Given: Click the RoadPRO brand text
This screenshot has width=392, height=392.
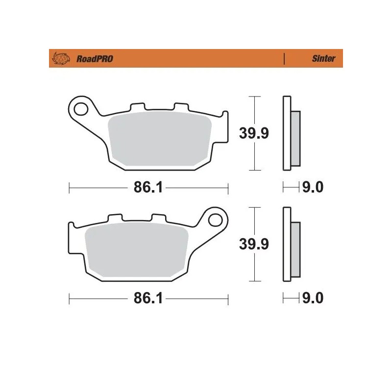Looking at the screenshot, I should pyautogui.click(x=95, y=59).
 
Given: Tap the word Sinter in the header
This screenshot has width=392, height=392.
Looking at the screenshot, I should pyautogui.click(x=323, y=59).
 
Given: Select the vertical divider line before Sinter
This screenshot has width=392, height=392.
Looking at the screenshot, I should pyautogui.click(x=284, y=59).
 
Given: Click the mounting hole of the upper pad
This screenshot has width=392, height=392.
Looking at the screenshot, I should pyautogui.click(x=79, y=107).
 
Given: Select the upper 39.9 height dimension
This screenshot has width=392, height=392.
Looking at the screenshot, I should pyautogui.click(x=253, y=133).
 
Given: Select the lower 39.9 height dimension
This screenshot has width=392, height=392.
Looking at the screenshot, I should pyautogui.click(x=253, y=244).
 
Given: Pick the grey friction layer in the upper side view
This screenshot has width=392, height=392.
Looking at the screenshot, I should pyautogui.click(x=295, y=138).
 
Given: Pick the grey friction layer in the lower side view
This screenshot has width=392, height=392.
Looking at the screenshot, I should pyautogui.click(x=295, y=249).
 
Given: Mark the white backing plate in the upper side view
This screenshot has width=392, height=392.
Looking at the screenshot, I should pyautogui.click(x=287, y=133).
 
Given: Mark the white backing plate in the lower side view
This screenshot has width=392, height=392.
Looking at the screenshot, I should pyautogui.click(x=287, y=245).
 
